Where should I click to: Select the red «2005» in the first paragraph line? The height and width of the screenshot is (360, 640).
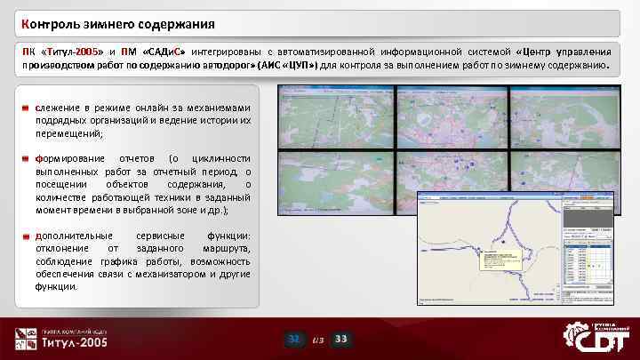coord(90,51)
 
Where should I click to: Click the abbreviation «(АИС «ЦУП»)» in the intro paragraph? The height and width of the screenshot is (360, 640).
coord(288,65)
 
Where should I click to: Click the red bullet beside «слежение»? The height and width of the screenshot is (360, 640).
coord(28,108)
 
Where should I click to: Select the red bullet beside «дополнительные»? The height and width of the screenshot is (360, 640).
coord(28,236)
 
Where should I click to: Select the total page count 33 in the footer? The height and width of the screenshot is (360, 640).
coord(341,340)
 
